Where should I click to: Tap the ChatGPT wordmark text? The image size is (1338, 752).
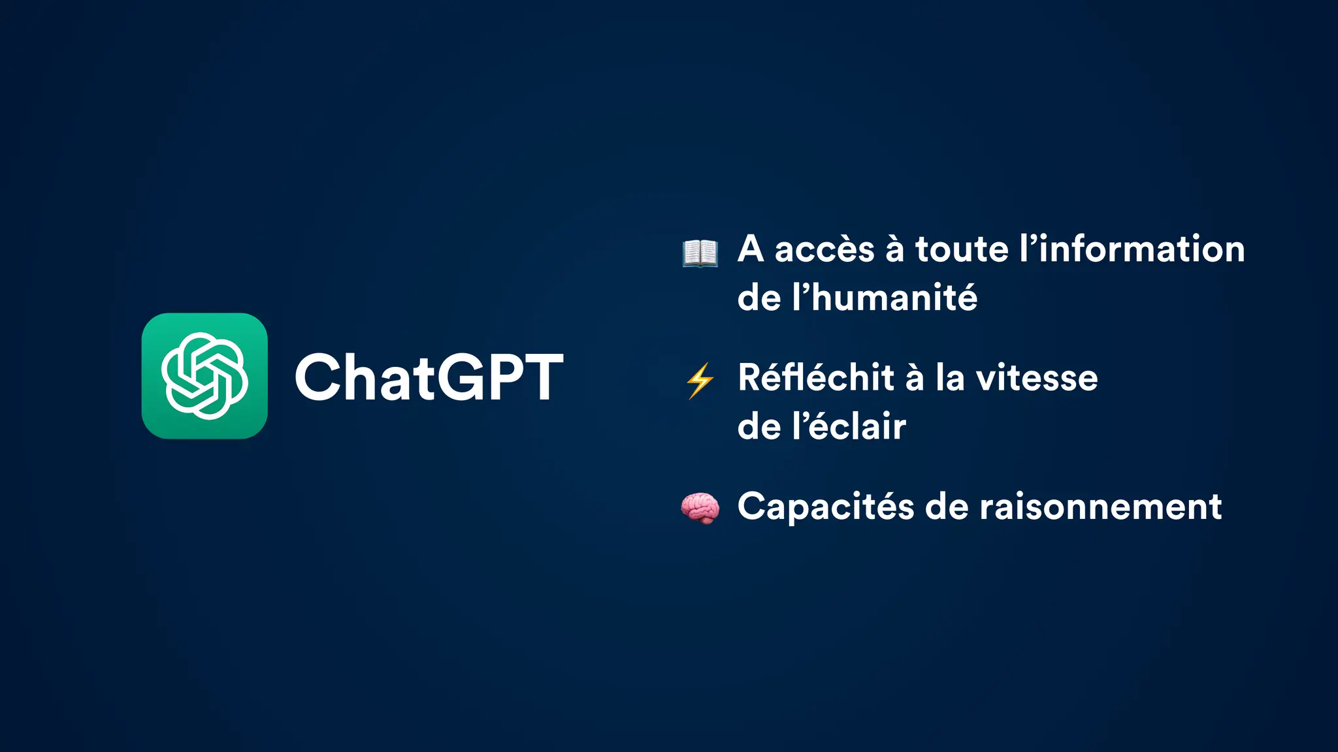click(x=429, y=377)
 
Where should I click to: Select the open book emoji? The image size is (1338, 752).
click(x=700, y=253)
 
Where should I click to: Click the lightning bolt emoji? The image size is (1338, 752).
click(x=700, y=380)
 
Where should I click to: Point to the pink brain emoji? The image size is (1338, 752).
click(x=700, y=508)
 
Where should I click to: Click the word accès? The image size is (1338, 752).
click(x=824, y=250)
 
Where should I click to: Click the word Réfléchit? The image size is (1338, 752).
click(x=816, y=378)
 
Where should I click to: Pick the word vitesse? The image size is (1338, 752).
click(x=1037, y=378)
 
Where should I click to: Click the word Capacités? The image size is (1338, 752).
click(x=826, y=507)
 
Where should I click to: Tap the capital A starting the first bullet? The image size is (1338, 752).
click(x=751, y=250)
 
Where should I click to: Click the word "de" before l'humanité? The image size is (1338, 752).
click(x=759, y=298)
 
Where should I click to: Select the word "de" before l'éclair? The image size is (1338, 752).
click(x=759, y=427)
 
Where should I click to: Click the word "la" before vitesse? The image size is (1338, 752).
click(x=950, y=378)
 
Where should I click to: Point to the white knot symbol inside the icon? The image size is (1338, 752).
click(x=204, y=376)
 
